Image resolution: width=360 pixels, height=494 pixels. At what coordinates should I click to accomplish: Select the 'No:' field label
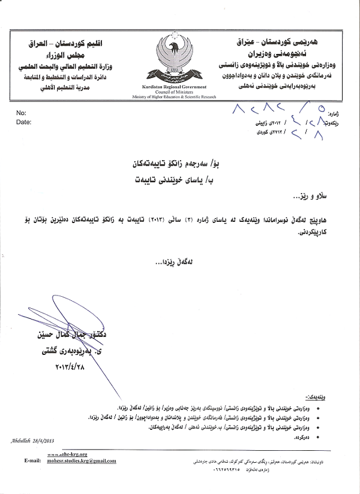coord(21,113)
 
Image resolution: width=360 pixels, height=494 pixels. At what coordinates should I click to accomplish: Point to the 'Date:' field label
coord(23,121)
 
